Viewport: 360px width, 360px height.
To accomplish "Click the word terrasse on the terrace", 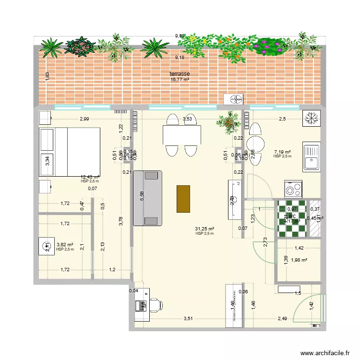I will click(x=180, y=74).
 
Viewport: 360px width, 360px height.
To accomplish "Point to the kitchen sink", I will click(x=312, y=157).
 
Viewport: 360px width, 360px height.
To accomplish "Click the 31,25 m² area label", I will click(x=204, y=229).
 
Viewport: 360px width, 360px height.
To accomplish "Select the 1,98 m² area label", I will click(x=299, y=261).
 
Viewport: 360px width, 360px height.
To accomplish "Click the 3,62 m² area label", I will click(x=64, y=245).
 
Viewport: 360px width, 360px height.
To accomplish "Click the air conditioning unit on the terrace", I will click(x=236, y=99).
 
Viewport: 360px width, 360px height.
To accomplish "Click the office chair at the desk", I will click(x=156, y=304).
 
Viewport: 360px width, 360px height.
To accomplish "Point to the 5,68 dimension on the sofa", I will click(x=141, y=197).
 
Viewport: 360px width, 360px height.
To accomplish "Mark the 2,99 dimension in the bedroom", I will click(x=84, y=119).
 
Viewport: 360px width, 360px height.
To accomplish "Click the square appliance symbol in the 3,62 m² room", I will click(x=47, y=247).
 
